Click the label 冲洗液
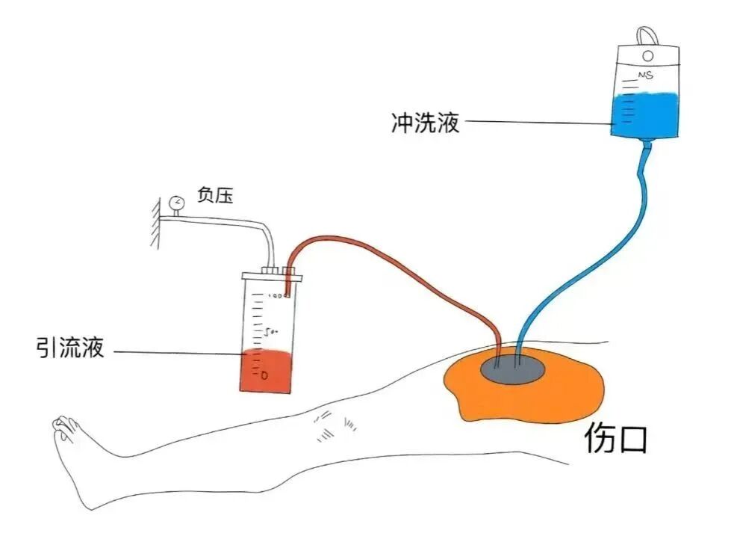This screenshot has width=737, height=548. (x=425, y=122)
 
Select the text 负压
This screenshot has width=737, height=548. (x=215, y=196)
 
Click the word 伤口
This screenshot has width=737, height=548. (x=615, y=439)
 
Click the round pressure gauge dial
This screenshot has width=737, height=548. (x=177, y=202)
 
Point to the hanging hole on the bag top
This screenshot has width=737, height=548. (x=647, y=55)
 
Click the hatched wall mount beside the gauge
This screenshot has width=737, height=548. (x=153, y=224)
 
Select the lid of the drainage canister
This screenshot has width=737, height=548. (x=272, y=277)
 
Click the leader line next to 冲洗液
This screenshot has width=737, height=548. (x=538, y=122)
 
